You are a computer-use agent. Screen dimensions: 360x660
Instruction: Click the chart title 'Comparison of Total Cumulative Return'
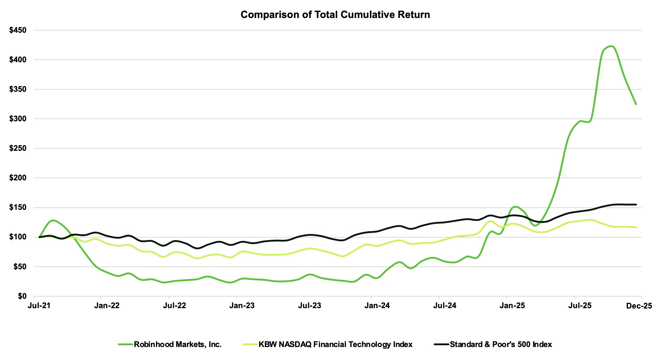coord(335,15)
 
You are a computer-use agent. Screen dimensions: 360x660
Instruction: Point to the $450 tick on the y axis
coord(18,30)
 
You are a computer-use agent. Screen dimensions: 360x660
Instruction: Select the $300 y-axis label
coord(18,119)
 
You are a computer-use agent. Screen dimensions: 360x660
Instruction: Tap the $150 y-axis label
coord(18,207)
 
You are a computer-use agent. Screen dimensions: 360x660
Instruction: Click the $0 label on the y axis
coord(22,296)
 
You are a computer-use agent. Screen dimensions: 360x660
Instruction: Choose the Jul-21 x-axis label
coord(39,306)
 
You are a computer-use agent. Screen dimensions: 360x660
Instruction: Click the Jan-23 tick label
coord(242,306)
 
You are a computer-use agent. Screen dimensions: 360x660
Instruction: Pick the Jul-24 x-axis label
coord(445,306)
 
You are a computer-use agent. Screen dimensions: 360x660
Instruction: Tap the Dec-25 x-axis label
coord(639,306)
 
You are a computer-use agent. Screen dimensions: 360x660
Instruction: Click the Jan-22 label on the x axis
coord(107,306)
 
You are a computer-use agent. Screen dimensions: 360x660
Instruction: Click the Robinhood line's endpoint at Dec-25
coord(636,104)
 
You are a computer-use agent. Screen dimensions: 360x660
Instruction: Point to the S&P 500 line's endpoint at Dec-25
coord(636,204)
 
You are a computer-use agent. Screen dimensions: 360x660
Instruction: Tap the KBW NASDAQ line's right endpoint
coord(636,227)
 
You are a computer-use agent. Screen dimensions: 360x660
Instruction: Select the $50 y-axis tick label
coord(20,267)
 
